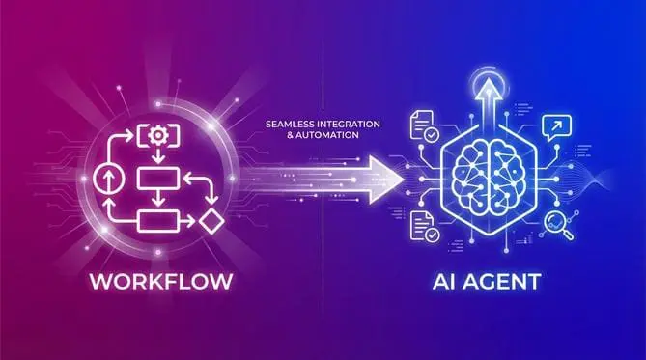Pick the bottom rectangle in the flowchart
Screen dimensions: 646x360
154,220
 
